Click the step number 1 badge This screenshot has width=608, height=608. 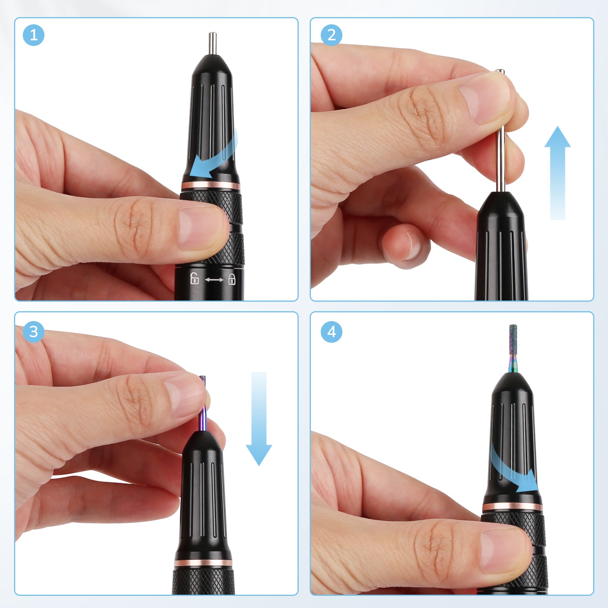33,35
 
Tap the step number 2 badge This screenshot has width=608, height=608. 331,35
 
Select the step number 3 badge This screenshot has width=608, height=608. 33,332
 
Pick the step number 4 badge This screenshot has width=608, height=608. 331,332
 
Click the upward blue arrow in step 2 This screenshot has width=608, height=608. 557,173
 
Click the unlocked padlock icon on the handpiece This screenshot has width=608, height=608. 194,278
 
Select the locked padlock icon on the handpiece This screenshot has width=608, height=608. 232,279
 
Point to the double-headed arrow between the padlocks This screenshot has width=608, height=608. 214,280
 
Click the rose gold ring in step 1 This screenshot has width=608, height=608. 211,186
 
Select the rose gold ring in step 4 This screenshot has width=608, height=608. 513,507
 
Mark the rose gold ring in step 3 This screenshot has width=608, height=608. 203,563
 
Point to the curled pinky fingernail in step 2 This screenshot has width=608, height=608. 412,247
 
